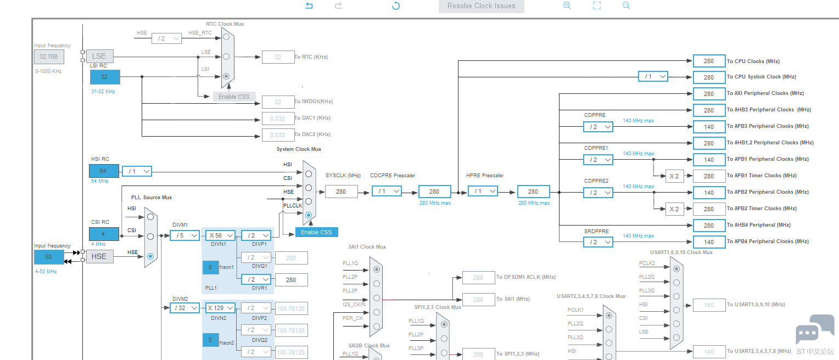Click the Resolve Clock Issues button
coord(482,6)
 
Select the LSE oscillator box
coord(99,56)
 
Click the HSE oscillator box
coord(99,257)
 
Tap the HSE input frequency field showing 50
coord(49,257)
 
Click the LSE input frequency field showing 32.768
coord(49,57)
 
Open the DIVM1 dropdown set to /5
coord(184,235)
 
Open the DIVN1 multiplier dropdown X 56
coord(221,235)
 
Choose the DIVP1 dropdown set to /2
coord(256,235)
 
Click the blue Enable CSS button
coord(316,232)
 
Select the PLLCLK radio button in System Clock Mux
coord(309,215)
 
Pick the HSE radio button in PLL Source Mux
coord(150,256)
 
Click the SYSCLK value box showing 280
coord(341,192)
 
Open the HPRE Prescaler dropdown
coord(483,191)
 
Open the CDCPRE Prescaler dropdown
coord(387,191)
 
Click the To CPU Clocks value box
coord(709,61)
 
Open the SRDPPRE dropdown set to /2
coord(598,242)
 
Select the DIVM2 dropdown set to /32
coord(184,308)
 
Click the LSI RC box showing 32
coord(105,77)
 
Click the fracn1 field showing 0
coord(210,267)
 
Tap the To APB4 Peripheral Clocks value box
coord(709,242)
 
